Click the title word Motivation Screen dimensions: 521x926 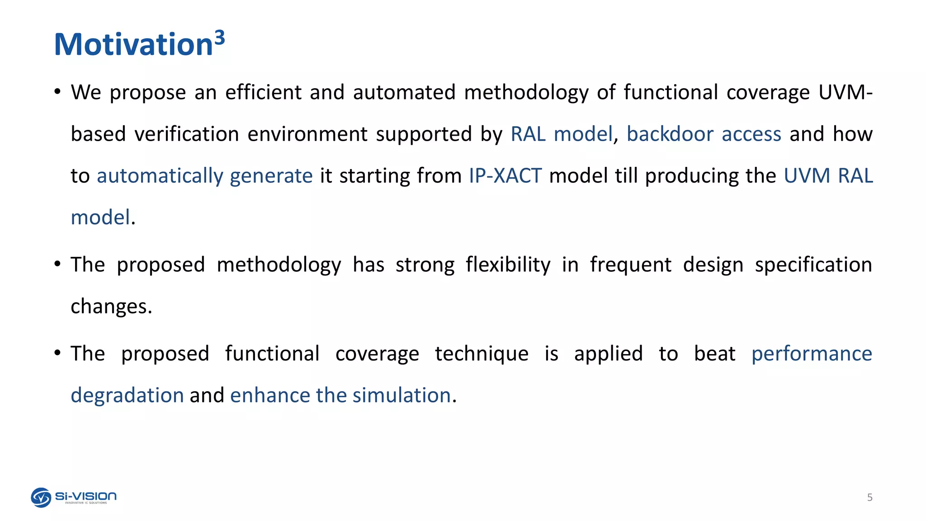pos(133,45)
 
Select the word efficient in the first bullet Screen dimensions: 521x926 pos(263,93)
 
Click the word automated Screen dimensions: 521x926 pos(404,93)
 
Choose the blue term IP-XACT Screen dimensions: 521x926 pos(505,176)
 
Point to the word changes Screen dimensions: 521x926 pos(111,307)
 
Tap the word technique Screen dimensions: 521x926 pos(482,354)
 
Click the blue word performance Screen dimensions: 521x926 pos(812,354)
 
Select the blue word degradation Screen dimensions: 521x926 pos(127,395)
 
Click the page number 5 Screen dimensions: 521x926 pos(869,497)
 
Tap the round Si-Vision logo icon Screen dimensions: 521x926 pos(41,497)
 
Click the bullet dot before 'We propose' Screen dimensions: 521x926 pos(57,92)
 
